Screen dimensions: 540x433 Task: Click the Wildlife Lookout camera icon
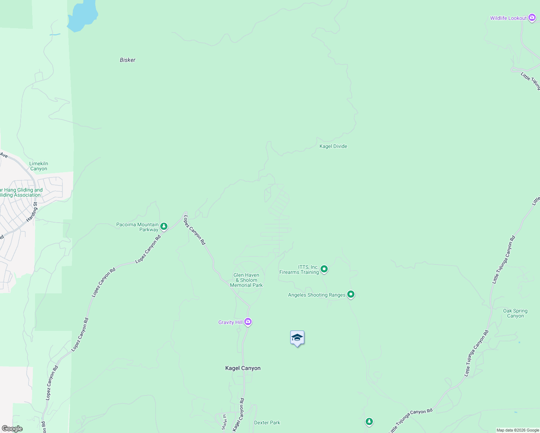[x=532, y=18]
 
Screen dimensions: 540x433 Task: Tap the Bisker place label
[x=127, y=60]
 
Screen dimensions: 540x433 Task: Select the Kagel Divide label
[x=333, y=146]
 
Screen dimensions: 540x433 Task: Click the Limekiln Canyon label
[x=39, y=166]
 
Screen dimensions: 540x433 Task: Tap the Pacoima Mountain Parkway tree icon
[x=164, y=226]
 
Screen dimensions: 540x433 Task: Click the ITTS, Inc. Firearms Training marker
[x=324, y=269]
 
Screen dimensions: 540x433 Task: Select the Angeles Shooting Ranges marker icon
[x=350, y=294]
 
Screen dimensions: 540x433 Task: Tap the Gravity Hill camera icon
[x=248, y=322]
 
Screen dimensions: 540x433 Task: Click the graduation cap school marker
[x=297, y=338]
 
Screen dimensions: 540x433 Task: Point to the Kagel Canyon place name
[x=243, y=368]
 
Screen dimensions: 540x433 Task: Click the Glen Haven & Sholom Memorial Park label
[x=247, y=280]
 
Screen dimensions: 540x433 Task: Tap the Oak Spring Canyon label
[x=515, y=313]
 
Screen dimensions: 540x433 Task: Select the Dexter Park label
[x=267, y=423]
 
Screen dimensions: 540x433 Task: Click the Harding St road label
[x=32, y=212]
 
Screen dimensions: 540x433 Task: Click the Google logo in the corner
[x=12, y=429]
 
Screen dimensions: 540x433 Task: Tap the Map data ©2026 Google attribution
[x=517, y=430]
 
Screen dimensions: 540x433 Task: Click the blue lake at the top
[x=83, y=16]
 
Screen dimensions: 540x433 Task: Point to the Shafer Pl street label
[x=224, y=422]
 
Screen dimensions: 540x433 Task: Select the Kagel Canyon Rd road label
[x=239, y=415]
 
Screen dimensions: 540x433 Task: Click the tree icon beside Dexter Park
[x=369, y=421]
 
